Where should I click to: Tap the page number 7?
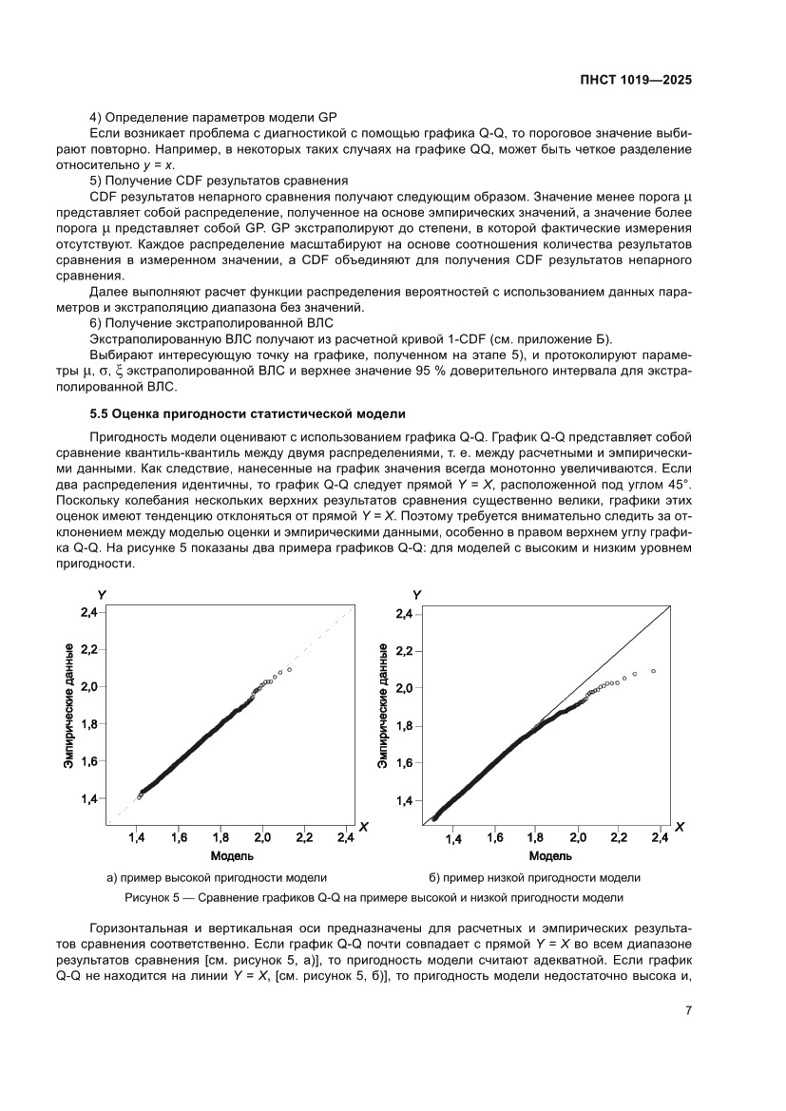coord(687,1011)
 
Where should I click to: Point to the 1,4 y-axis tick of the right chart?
coord(403,800)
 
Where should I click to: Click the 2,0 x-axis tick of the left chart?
coord(262,838)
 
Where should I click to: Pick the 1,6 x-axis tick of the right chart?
coord(494,839)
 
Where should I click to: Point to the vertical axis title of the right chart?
coord(382,705)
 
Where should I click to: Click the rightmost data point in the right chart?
coord(654,671)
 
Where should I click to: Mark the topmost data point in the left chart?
coord(289,670)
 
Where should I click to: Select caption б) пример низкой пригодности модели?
coord(534,877)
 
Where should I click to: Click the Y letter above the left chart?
coord(102,594)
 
